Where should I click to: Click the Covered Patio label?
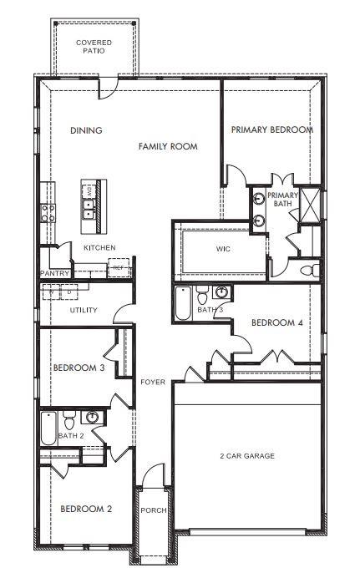(x=94, y=46)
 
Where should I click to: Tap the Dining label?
(x=86, y=130)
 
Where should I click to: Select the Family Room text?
(x=168, y=146)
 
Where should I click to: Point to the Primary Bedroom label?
(x=271, y=129)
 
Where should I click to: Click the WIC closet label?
(x=223, y=249)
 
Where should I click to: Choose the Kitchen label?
(x=99, y=247)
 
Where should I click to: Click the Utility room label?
(x=84, y=311)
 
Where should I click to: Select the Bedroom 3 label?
(x=78, y=368)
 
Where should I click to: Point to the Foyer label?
(x=152, y=383)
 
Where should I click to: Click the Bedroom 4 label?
(x=276, y=322)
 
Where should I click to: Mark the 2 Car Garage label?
(x=246, y=455)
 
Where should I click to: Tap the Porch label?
(x=153, y=510)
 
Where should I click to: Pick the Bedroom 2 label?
(x=85, y=509)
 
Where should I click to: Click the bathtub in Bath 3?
(x=182, y=307)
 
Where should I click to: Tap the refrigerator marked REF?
(x=119, y=269)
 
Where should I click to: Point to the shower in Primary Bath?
(x=310, y=203)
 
